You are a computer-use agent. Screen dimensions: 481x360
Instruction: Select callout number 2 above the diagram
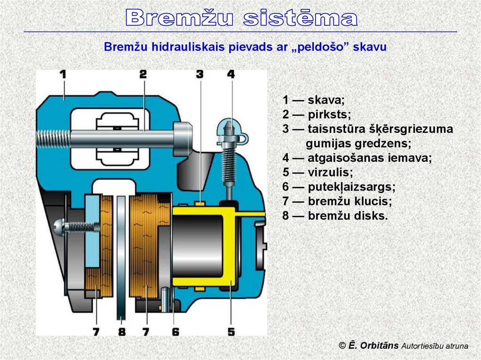pyautogui.click(x=143, y=74)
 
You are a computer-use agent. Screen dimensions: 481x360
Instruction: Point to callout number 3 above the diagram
pyautogui.click(x=200, y=74)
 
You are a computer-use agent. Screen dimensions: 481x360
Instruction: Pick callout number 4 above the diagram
pyautogui.click(x=231, y=74)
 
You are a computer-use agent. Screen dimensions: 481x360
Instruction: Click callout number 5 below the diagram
pyautogui.click(x=231, y=332)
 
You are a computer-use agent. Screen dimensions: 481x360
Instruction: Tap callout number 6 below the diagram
pyautogui.click(x=175, y=332)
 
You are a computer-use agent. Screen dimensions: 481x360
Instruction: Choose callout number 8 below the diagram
pyautogui.click(x=122, y=332)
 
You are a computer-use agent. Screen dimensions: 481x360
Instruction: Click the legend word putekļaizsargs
pyautogui.click(x=351, y=187)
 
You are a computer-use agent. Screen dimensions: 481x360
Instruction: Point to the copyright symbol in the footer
pyautogui.click(x=342, y=346)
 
